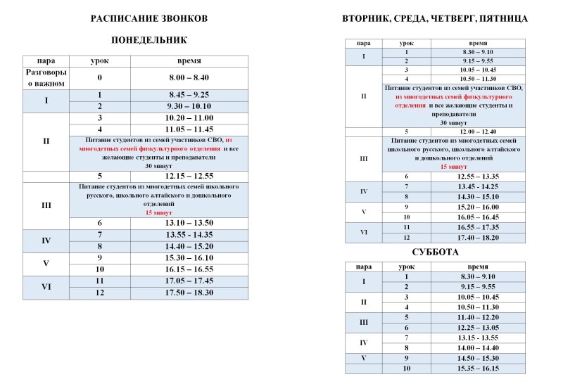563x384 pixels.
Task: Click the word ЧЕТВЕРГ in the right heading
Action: click(462, 18)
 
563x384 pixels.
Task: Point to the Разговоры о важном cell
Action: click(46, 77)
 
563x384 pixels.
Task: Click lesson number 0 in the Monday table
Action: click(101, 77)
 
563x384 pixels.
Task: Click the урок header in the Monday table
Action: click(101, 61)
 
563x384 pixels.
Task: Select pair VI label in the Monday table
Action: click(46, 287)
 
